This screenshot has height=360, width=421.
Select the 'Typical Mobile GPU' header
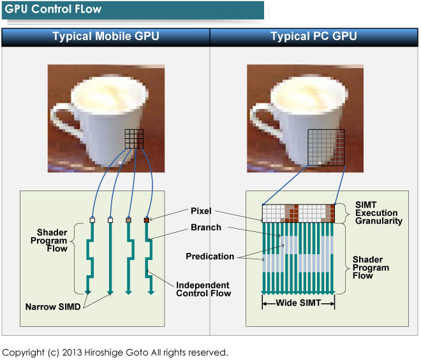(105, 37)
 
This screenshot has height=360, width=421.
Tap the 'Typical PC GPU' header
(313, 37)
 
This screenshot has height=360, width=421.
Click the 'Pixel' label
(200, 211)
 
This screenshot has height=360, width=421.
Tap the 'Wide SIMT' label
(299, 304)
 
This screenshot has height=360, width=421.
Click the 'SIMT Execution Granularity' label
(379, 213)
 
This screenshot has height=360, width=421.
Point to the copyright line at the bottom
(115, 352)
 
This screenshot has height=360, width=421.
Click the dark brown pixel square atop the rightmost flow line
(147, 220)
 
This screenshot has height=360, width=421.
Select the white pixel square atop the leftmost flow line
(92, 220)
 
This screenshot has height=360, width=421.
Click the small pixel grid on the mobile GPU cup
(134, 139)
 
